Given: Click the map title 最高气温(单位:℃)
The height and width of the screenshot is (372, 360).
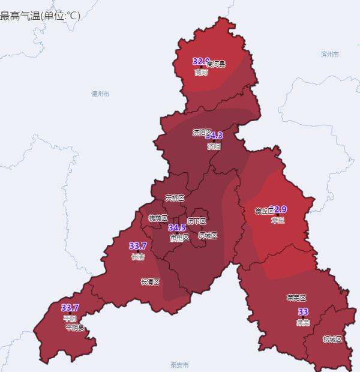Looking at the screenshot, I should click(40, 16).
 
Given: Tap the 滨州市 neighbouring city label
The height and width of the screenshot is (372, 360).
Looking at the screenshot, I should click(330, 54).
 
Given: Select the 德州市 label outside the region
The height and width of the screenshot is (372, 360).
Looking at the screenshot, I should click(100, 94).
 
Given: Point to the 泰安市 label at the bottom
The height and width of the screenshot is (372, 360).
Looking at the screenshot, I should click(179, 365).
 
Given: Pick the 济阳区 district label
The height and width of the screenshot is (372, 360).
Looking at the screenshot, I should click(202, 133).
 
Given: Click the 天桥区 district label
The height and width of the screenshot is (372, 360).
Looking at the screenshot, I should click(175, 197).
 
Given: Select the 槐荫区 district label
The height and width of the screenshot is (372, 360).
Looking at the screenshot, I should click(158, 218).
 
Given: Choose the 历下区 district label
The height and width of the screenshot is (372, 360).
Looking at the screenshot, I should click(196, 221).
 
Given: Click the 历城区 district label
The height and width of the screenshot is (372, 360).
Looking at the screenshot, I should click(208, 235).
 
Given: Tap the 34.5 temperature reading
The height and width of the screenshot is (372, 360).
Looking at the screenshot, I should click(177, 228).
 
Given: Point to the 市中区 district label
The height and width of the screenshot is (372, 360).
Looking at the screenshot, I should click(179, 238).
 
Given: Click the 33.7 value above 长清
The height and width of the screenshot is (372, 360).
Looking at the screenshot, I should click(138, 246).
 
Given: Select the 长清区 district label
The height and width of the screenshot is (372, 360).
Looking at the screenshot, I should click(149, 281).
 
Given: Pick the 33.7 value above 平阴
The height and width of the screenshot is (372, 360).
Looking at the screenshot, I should click(70, 308).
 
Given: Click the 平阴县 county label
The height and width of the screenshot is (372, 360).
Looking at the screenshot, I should click(75, 328).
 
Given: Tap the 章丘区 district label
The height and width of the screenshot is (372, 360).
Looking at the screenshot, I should click(264, 211).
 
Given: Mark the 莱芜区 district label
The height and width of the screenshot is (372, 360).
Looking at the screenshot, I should click(296, 298).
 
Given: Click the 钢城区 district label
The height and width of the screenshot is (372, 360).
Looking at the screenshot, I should click(332, 340).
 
